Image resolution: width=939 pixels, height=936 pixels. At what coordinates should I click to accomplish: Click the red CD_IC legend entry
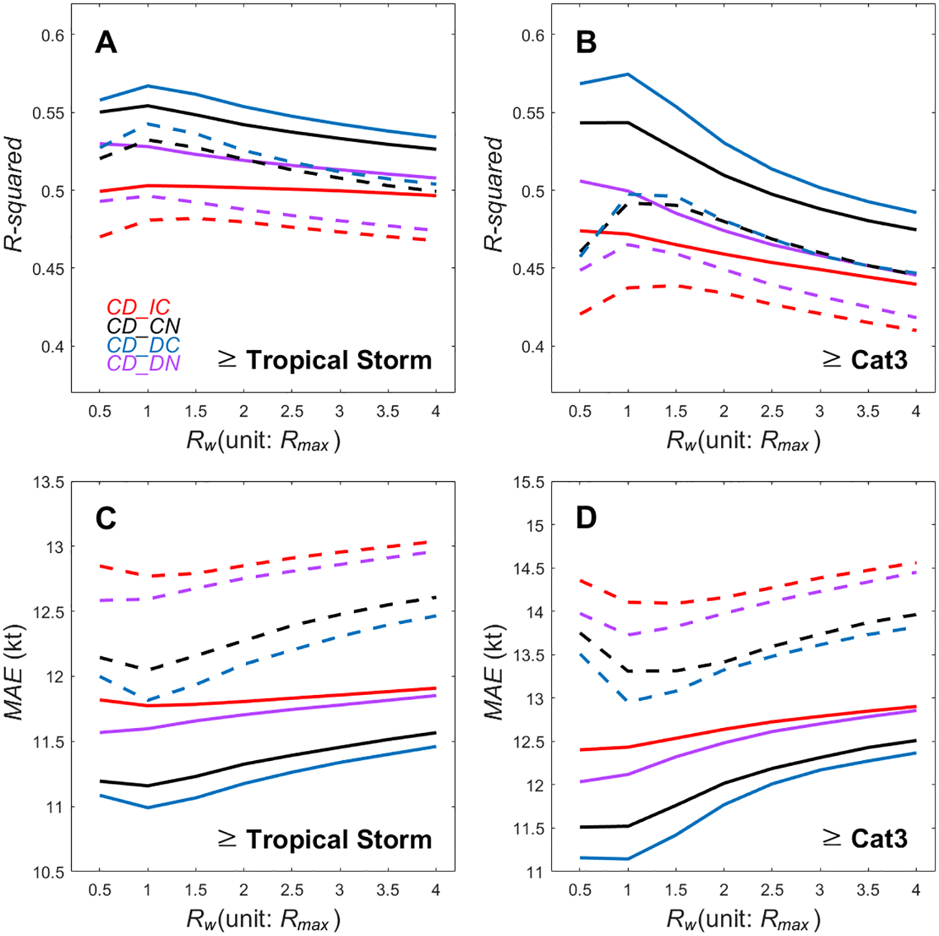point(138,307)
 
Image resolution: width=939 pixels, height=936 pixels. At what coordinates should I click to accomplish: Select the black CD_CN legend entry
point(143,326)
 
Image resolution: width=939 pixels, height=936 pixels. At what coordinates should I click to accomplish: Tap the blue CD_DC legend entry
point(143,345)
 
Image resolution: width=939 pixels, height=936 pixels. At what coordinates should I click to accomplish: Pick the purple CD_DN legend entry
point(143,363)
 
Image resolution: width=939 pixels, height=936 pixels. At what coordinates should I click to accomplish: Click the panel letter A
point(106,43)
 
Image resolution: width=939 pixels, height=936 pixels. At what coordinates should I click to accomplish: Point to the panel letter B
point(586,43)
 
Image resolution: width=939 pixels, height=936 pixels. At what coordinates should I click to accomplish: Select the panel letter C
point(106,519)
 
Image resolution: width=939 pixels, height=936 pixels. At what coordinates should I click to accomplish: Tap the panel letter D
point(586,519)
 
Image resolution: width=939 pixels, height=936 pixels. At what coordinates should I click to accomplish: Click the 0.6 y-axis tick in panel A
point(53,35)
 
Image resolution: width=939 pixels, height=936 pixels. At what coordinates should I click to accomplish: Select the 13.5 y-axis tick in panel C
point(49,483)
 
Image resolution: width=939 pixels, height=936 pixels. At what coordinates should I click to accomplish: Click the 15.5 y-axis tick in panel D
point(529,483)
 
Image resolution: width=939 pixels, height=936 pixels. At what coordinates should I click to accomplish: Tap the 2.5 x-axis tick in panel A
point(292,412)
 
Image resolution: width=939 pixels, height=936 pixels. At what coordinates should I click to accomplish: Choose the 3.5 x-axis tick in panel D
point(867,890)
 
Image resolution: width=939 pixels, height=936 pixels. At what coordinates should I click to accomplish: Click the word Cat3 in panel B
point(879,360)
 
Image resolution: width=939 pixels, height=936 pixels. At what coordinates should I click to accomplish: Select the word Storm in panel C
point(394,839)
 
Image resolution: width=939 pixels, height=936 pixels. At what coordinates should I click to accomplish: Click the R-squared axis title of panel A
point(13,194)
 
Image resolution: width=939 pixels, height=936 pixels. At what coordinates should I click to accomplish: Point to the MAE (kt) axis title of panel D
point(494,672)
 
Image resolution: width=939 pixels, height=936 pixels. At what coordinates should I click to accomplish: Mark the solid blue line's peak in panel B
point(628,74)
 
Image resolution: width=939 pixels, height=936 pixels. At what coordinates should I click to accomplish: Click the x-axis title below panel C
point(263,919)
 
